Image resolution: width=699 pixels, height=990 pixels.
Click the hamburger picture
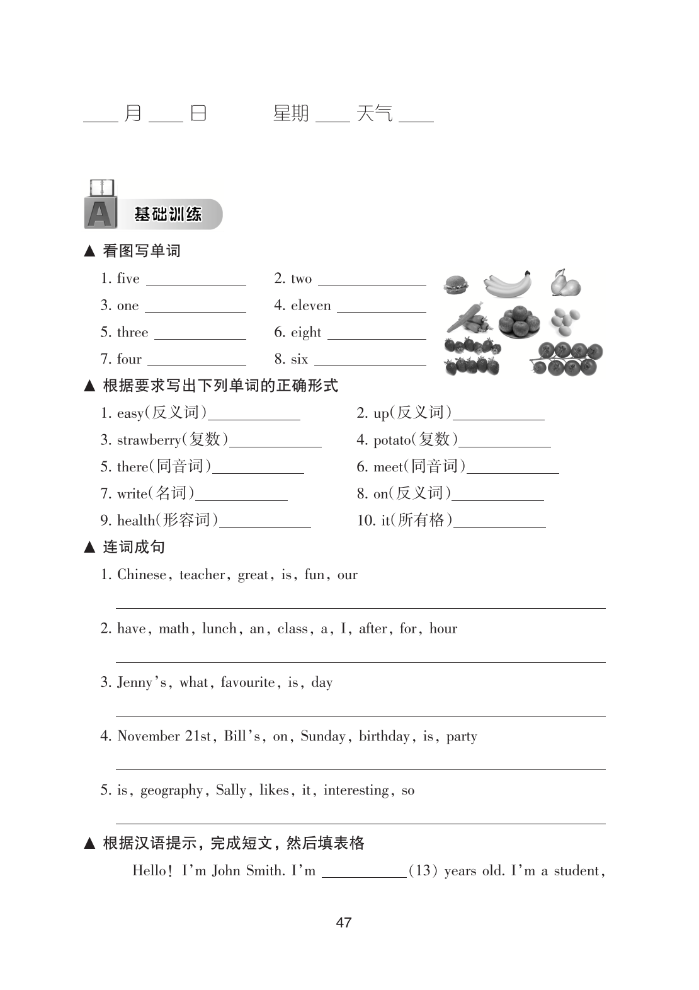(455, 285)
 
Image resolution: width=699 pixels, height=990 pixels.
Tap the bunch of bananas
(507, 284)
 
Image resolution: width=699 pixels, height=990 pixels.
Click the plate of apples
(519, 321)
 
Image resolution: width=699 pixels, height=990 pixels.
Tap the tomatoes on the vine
(567, 358)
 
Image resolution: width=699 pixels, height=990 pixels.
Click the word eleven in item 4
(310, 306)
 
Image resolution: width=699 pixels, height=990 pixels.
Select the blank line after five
(196, 284)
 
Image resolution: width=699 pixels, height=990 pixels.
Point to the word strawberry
(149, 440)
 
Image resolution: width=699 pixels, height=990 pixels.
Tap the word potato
(392, 440)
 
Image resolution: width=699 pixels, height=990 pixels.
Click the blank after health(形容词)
(265, 526)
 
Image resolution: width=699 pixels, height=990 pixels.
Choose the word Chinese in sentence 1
(142, 575)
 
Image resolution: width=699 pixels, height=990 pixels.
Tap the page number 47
(344, 923)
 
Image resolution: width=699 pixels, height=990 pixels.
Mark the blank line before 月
(101, 120)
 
